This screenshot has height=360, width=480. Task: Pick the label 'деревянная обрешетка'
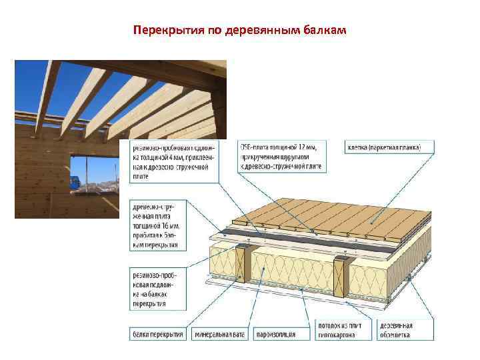pyautogui.click(x=396, y=330)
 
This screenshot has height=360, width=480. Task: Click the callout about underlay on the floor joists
pyautogui.click(x=154, y=287)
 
